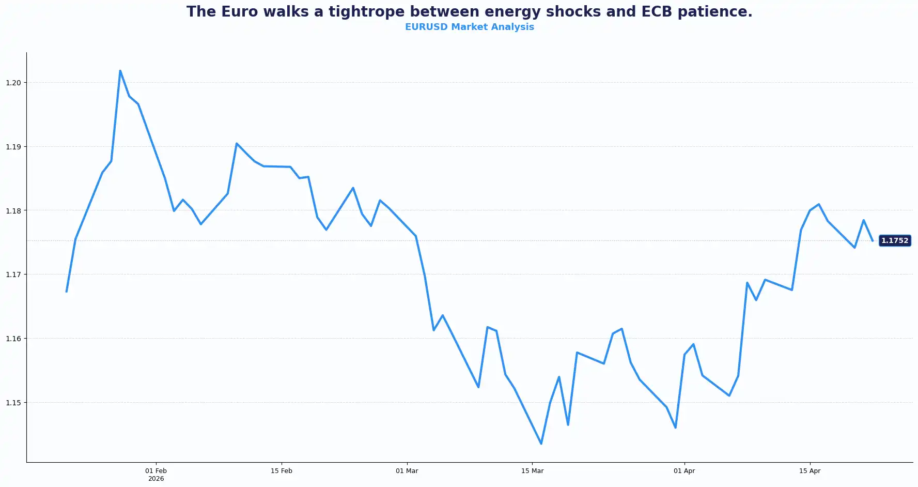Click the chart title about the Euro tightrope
469,12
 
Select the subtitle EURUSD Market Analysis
469,27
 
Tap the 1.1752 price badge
894,240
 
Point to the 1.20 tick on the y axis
13,83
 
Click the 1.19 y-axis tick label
13,147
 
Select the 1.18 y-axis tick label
13,210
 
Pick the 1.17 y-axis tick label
13,275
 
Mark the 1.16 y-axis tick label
13,339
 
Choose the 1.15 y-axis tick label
13,402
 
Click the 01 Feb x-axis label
156,471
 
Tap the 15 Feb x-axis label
282,471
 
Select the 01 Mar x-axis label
407,471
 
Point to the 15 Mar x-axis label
532,471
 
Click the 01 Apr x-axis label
684,471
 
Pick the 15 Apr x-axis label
810,471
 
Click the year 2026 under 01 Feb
156,479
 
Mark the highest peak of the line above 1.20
120,71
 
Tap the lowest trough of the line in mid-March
541,444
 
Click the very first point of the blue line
67,292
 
